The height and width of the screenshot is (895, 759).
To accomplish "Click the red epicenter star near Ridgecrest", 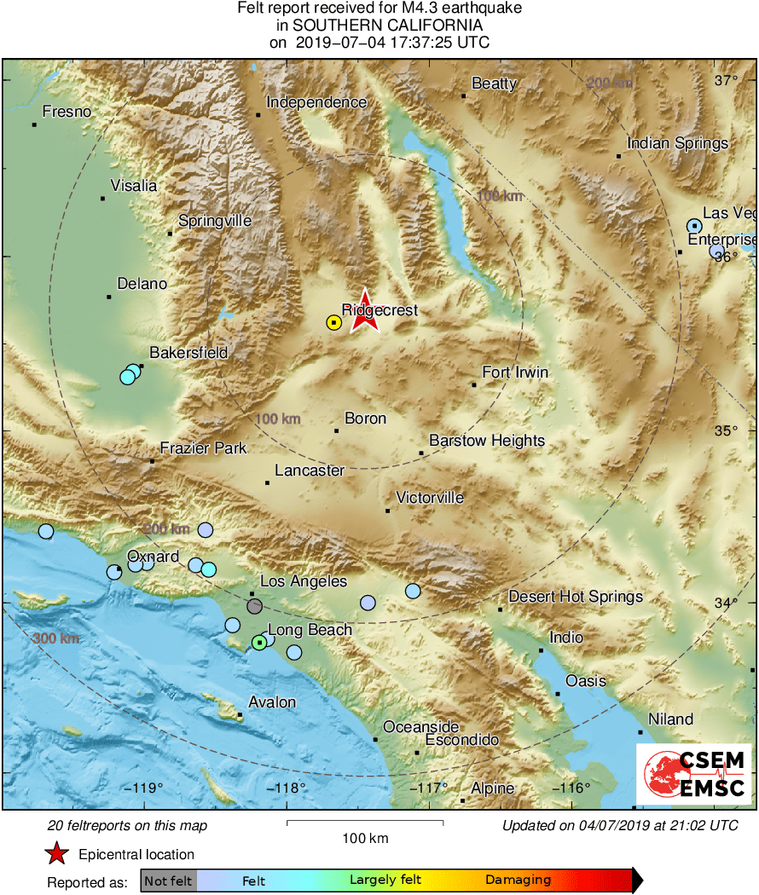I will (x=365, y=309).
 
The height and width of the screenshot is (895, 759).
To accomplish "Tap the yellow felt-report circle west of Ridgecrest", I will (x=333, y=322).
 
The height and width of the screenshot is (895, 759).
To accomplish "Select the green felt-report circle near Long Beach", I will (x=259, y=642).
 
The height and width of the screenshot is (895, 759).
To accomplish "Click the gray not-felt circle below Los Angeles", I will (x=254, y=606).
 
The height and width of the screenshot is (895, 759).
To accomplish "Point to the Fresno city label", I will (x=67, y=112).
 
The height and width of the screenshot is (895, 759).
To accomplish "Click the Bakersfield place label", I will (x=188, y=352).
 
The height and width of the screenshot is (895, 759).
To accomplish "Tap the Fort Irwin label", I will (x=515, y=372).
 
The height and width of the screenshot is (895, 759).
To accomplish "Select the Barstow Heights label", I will (x=487, y=441).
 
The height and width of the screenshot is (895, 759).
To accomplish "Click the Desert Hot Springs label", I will (x=576, y=597).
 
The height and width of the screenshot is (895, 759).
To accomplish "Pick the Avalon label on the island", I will (x=272, y=702).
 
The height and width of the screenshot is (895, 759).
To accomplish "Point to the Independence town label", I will (x=316, y=102).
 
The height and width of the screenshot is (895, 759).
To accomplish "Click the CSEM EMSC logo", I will (x=693, y=773).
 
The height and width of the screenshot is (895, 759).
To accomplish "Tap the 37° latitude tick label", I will (x=727, y=81).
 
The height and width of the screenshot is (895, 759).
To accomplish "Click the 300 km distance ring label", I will (x=56, y=638).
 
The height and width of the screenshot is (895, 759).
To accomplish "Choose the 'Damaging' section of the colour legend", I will (x=519, y=880).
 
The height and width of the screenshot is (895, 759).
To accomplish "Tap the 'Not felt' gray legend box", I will (x=168, y=880).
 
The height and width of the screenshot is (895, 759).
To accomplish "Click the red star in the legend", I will (x=56, y=853).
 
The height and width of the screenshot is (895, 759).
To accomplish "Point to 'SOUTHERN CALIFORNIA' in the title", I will (x=379, y=26).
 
